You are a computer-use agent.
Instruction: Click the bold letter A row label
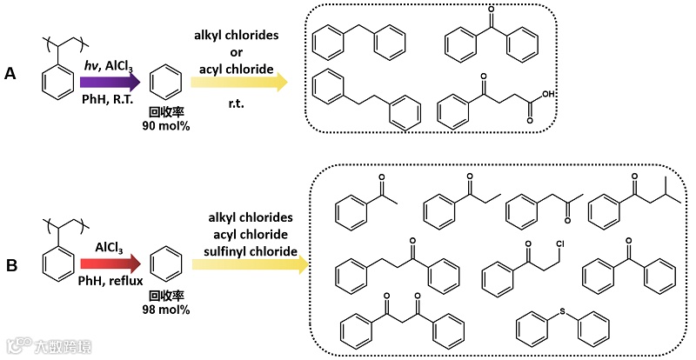pyautogui.click(x=10, y=75)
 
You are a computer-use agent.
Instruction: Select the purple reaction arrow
pyautogui.click(x=109, y=83)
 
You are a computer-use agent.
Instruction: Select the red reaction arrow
pyautogui.click(x=109, y=262)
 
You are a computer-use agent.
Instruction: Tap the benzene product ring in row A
pyautogui.click(x=164, y=83)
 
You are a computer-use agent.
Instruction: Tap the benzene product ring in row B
pyautogui.click(x=164, y=265)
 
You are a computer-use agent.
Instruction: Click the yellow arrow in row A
pyautogui.click(x=239, y=83)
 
